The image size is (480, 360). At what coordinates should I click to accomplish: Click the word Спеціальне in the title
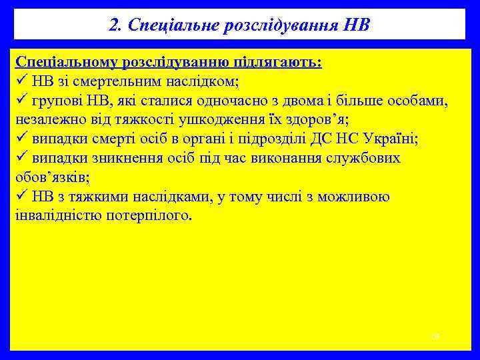click(163, 25)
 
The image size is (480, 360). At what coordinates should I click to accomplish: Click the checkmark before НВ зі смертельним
click(20, 81)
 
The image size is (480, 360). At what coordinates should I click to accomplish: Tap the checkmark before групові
click(20, 101)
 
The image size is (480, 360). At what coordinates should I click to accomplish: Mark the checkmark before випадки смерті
click(20, 139)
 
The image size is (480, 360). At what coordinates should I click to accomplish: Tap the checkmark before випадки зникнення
click(20, 159)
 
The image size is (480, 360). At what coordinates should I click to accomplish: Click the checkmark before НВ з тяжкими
click(20, 197)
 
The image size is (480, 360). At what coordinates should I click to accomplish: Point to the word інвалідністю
click(57, 217)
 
